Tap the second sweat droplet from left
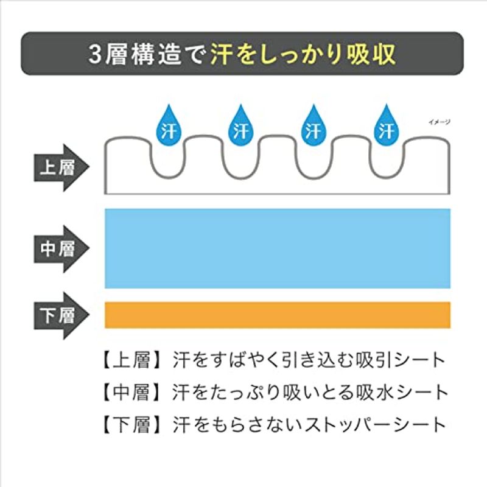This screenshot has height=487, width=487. pos(241,127)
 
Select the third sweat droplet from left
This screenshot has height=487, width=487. pos(314,127)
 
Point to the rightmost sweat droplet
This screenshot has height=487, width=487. pos(387,127)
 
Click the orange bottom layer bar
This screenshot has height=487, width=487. pos(278,315)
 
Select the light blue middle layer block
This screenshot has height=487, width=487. pos(278,248)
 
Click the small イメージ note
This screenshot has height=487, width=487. pos(439,122)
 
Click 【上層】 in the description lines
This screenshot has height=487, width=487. pos(131,360)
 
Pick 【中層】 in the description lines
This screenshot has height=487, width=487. pos(131,393)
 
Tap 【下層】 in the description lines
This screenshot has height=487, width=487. pos(131,425)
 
